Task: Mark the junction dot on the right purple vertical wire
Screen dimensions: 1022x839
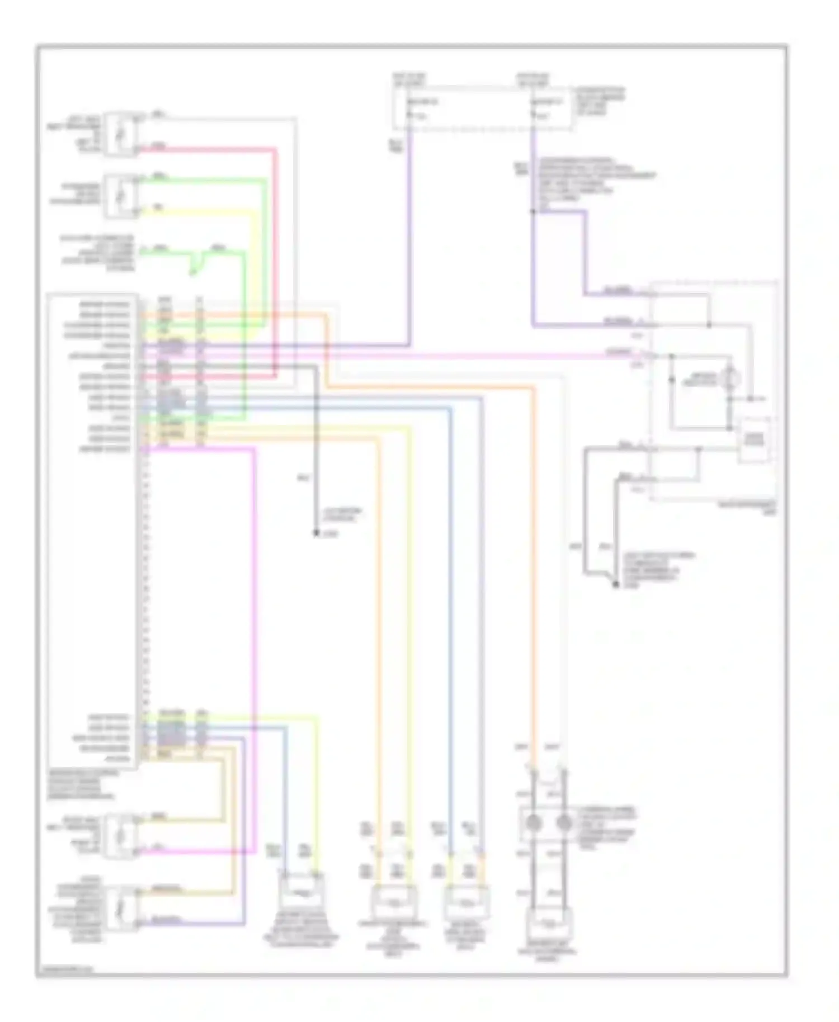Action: [x=533, y=212]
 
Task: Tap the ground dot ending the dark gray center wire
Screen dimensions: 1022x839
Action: [x=315, y=533]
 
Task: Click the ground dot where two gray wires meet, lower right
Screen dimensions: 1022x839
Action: [x=616, y=585]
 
